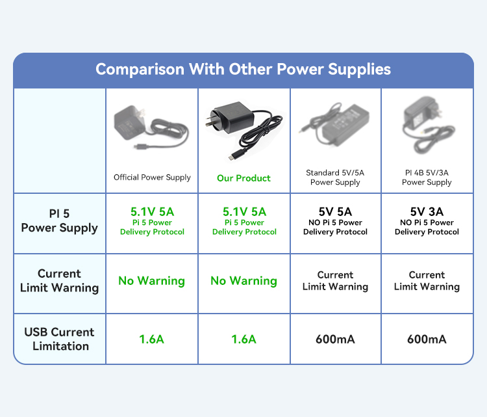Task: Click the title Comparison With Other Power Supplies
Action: pyautogui.click(x=243, y=70)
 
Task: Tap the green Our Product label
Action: pyautogui.click(x=243, y=178)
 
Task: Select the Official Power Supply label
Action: pyautogui.click(x=152, y=178)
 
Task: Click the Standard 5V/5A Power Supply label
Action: pyautogui.click(x=335, y=178)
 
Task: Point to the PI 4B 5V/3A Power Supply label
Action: pyautogui.click(x=427, y=178)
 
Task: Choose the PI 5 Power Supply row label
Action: pyautogui.click(x=59, y=221)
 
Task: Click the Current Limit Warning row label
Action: pyautogui.click(x=59, y=280)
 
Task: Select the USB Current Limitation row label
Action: pyautogui.click(x=59, y=339)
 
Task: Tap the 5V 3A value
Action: pyautogui.click(x=427, y=212)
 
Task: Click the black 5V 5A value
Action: pyautogui.click(x=335, y=212)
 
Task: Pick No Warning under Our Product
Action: pyautogui.click(x=243, y=280)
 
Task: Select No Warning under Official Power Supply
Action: pyautogui.click(x=151, y=280)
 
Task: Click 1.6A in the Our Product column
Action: pyautogui.click(x=243, y=339)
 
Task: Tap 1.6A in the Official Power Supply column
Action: pyautogui.click(x=151, y=339)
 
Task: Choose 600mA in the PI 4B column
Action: pyautogui.click(x=427, y=339)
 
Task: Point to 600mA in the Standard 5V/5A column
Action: pyautogui.click(x=335, y=339)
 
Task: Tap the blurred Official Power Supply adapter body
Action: pyautogui.click(x=130, y=122)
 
